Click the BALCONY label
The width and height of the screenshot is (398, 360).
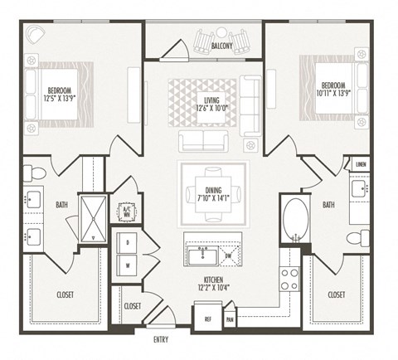(x=221, y=47)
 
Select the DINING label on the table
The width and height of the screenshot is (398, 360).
(x=214, y=190)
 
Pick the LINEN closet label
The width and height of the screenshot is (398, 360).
(x=360, y=164)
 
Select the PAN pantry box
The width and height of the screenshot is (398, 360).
(x=229, y=318)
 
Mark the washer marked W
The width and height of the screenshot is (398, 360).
(x=129, y=266)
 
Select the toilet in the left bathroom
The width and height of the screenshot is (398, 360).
(x=34, y=173)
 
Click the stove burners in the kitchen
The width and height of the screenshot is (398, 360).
(x=289, y=279)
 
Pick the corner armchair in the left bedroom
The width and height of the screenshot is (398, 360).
(x=36, y=35)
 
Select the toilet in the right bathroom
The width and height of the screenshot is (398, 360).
(x=356, y=239)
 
